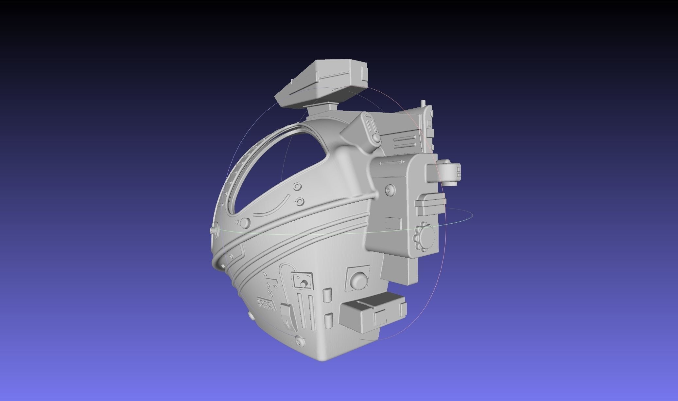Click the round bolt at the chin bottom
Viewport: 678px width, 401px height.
pos(299,341)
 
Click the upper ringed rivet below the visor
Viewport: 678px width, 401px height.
pos(297,187)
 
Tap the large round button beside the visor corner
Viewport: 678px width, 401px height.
pos(244,223)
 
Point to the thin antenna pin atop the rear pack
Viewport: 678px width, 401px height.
pos(424,104)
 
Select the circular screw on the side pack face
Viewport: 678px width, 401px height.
pos(390,190)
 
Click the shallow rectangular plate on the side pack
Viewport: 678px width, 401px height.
pos(393,224)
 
